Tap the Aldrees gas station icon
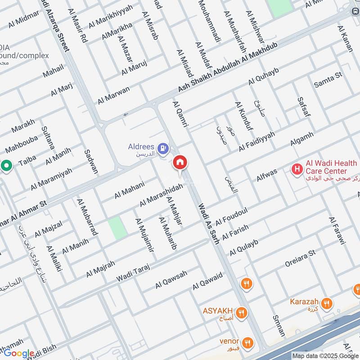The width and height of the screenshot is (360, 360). pos(163,147)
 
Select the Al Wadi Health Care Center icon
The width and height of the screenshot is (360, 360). pos(297,169)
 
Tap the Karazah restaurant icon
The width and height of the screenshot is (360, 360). pos(328,303)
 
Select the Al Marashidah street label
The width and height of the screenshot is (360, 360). pos(161,195)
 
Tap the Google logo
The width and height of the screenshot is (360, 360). pos(19,353)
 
